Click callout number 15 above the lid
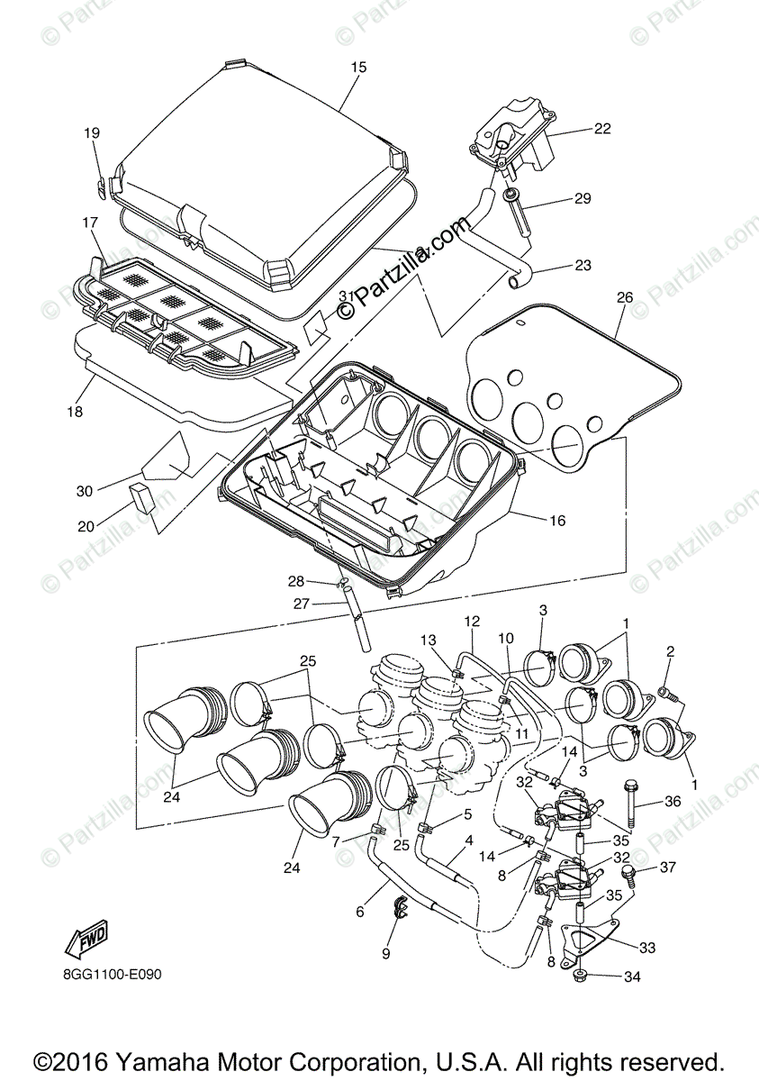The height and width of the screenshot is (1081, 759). pos(359,68)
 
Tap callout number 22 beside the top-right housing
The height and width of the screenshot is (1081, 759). pos(601,129)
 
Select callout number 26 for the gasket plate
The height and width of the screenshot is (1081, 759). pos(625,297)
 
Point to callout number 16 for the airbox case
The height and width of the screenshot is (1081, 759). pos(557,521)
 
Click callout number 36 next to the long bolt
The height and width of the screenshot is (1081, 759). pos(673,801)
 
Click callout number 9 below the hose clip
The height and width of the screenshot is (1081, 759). pos(386,952)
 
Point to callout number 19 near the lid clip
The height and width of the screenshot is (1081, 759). pos(92,133)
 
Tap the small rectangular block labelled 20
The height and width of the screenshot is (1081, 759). pos(141,495)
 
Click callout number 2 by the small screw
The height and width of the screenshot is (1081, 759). pos(670,651)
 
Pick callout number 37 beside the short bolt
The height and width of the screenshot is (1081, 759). pos(667,868)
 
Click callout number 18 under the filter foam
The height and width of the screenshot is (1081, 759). pos(74,411)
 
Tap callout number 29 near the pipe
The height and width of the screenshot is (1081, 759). pos(583,198)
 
